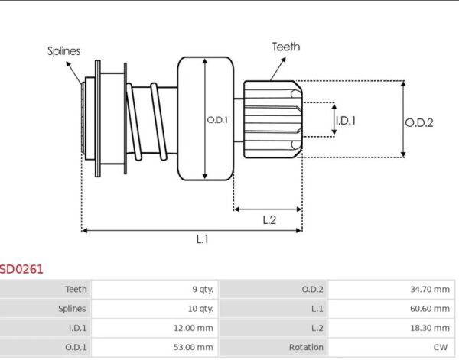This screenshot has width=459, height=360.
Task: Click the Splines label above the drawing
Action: (63, 51)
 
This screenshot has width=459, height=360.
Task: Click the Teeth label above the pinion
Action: (286, 47)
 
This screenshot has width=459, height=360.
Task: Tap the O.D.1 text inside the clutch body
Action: (217, 120)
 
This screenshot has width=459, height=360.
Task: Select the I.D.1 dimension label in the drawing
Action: (346, 121)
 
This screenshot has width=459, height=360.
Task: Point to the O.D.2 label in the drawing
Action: (419, 122)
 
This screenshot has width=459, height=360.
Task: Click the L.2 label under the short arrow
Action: (269, 219)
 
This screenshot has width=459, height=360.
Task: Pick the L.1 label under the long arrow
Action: (202, 239)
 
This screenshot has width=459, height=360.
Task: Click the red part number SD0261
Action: (21, 269)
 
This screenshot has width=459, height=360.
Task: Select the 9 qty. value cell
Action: (203, 289)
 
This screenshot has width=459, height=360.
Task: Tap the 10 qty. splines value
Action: (200, 309)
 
